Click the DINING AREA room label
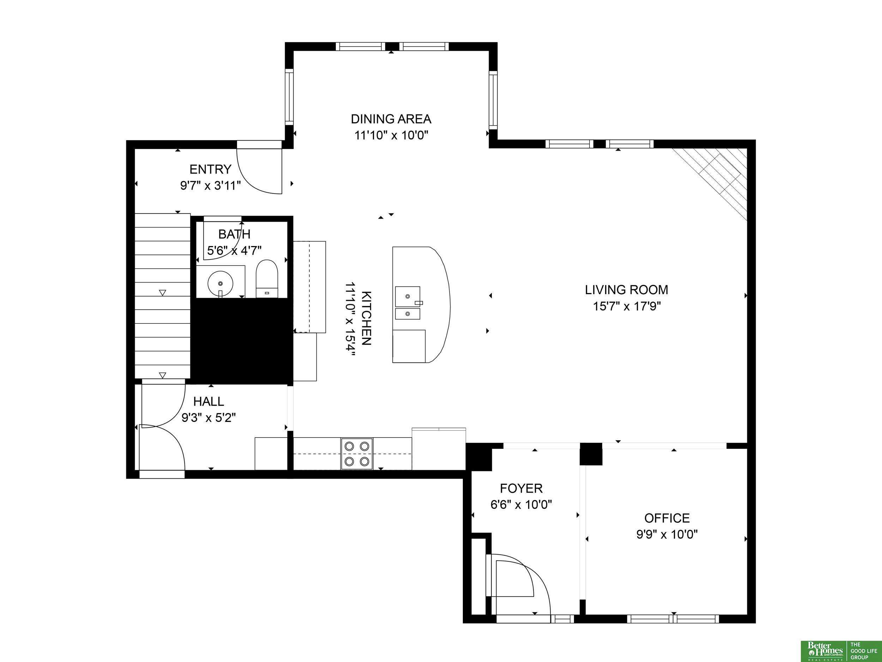[391, 119]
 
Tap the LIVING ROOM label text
[627, 290]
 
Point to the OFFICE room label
[667, 518]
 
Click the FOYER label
[521, 488]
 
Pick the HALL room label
[209, 401]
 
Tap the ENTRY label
[210, 169]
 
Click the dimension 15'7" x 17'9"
[627, 306]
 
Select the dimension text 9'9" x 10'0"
[667, 534]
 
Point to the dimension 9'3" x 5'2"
[209, 418]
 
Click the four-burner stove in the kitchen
[357, 454]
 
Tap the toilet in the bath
[267, 279]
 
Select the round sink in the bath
[220, 283]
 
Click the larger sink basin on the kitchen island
[407, 296]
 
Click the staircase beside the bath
[162, 296]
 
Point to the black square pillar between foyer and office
[591, 454]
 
